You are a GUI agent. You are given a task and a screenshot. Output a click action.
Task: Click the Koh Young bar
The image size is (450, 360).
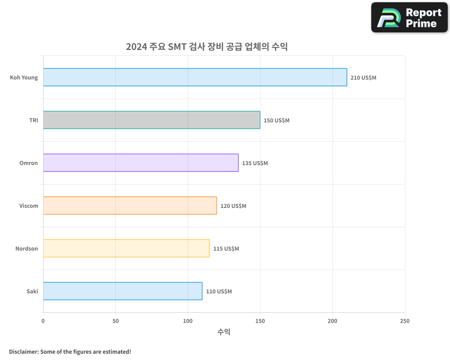click(x=195, y=77)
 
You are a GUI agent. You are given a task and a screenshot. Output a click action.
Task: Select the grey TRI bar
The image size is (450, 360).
click(x=152, y=120)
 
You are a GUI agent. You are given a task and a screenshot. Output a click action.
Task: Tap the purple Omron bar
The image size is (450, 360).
click(x=141, y=163)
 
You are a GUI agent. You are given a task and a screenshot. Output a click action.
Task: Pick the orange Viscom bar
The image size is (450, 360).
click(x=130, y=206)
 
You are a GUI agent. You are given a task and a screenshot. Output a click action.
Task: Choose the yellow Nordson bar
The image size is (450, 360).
click(x=126, y=248)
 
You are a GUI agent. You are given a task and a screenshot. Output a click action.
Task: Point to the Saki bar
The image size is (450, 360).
click(x=123, y=291)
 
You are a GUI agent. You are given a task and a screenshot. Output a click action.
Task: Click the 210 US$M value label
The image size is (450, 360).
click(x=363, y=78)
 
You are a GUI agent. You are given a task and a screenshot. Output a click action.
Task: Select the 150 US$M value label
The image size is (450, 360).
click(x=276, y=121)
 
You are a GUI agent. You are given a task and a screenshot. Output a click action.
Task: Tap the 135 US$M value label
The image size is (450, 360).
click(x=255, y=163)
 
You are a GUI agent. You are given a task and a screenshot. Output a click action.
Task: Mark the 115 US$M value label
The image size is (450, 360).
click(x=226, y=249)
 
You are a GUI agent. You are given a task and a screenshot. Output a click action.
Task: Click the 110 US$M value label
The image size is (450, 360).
click(x=219, y=292)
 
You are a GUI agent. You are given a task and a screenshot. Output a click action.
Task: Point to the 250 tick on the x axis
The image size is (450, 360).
click(x=405, y=321)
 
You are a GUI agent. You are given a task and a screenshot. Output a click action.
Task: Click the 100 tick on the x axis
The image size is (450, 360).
click(x=188, y=321)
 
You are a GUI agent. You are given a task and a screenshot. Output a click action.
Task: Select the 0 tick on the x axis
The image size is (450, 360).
click(x=43, y=321)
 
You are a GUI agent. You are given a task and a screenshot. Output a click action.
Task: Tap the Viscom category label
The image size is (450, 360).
click(x=29, y=206)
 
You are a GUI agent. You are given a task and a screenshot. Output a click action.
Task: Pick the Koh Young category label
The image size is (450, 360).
click(x=24, y=78)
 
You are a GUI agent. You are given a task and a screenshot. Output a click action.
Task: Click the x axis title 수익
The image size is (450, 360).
click(x=224, y=332)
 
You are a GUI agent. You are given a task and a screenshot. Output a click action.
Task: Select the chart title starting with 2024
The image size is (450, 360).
click(x=207, y=47)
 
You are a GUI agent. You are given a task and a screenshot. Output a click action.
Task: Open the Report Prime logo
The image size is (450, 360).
click(x=409, y=18)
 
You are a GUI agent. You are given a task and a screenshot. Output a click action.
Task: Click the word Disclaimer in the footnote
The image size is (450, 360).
click(x=23, y=351)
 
